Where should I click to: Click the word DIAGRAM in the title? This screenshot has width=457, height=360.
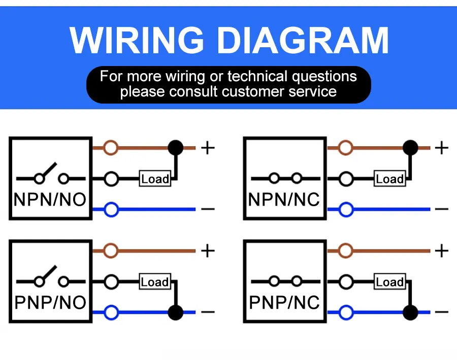click(300, 40)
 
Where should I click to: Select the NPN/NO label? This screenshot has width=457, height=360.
click(50, 200)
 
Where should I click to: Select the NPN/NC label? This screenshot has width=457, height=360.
click(284, 200)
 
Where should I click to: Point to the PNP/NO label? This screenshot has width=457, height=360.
click(50, 303)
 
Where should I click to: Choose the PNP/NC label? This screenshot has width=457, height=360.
click(284, 303)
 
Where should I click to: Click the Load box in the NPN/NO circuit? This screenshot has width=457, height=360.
click(155, 179)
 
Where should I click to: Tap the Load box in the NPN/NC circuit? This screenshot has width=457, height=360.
click(389, 179)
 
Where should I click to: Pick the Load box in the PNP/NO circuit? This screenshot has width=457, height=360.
click(155, 282)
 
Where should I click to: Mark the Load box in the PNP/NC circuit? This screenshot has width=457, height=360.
click(389, 282)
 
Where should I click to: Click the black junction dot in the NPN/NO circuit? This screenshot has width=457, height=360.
click(176, 148)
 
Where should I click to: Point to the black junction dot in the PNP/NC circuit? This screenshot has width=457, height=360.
click(410, 312)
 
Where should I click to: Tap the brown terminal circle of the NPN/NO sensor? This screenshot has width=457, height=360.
click(111, 148)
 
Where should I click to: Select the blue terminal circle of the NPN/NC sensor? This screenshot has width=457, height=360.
click(346, 209)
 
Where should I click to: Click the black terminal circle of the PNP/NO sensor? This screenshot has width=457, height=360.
click(111, 282)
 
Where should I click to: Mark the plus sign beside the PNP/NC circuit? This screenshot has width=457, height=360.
click(442, 251)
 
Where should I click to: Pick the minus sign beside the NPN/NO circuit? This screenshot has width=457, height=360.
click(208, 209)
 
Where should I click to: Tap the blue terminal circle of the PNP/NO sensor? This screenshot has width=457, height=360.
click(111, 312)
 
